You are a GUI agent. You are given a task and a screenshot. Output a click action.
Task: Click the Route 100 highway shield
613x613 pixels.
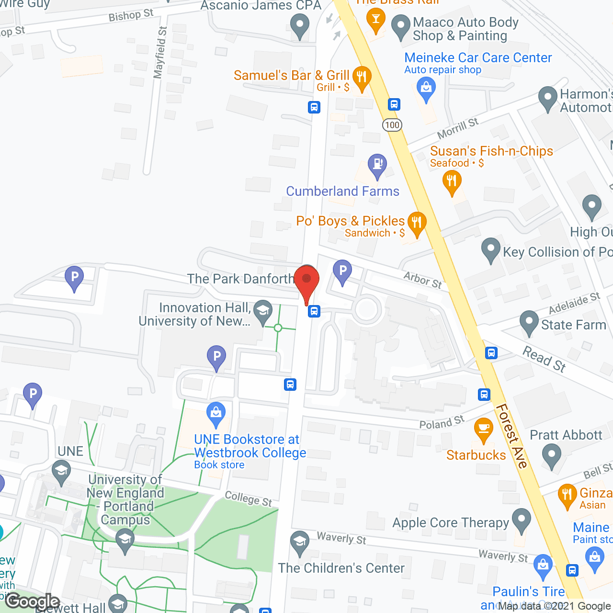coord(392,125)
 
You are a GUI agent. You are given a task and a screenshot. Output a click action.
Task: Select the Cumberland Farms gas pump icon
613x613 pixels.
coord(377,165)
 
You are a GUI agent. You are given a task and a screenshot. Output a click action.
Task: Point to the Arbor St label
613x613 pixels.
coord(422,280)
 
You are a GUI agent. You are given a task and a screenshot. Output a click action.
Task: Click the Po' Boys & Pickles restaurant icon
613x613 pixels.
coord(417,223)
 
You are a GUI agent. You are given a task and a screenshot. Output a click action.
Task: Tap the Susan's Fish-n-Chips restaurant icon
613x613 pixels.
coord(452,182)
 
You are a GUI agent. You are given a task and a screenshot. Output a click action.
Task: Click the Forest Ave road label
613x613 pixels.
coord(511,436)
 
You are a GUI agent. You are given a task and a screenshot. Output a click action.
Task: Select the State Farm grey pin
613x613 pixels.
coord(529,322)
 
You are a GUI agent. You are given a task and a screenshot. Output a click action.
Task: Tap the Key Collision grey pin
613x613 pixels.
coord(490,249)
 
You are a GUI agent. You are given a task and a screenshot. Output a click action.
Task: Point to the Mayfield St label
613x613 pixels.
coord(160,53)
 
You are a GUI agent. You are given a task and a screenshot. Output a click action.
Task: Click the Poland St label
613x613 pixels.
coord(442,422)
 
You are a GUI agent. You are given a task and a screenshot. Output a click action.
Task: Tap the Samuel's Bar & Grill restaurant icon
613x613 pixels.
coord(362,78)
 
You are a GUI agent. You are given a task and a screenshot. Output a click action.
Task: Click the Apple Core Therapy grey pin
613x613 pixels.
coord(521,520)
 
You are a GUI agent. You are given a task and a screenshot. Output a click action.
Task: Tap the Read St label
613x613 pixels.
coord(544,359)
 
